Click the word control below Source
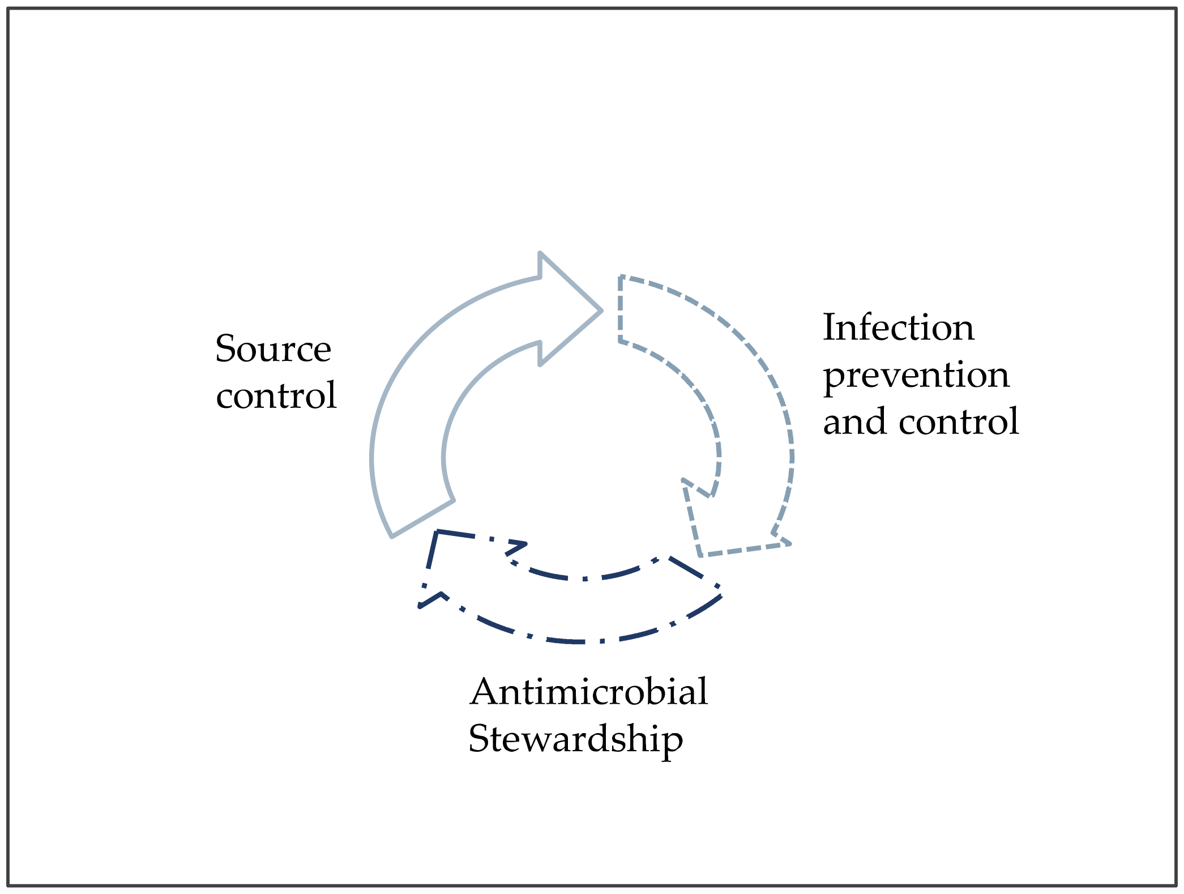[276, 395]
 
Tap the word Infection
[898, 327]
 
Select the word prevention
[916, 376]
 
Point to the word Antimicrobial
[588, 692]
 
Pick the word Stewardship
[575, 739]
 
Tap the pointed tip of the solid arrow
[600, 310]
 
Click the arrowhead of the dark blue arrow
[447, 567]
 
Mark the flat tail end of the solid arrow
[422, 518]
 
